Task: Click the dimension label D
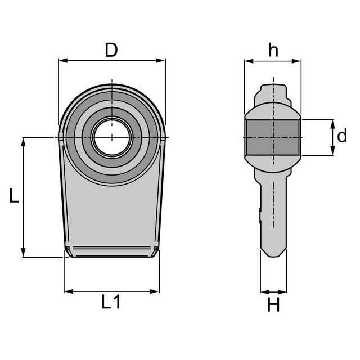(111, 50)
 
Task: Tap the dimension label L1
(111, 301)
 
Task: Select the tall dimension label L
(13, 195)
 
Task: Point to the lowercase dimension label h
(273, 50)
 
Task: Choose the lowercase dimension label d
(342, 136)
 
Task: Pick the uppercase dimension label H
(273, 304)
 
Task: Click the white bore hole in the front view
(112, 137)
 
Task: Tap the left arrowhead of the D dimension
(63, 61)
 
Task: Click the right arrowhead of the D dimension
(160, 61)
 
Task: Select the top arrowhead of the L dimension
(23, 142)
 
